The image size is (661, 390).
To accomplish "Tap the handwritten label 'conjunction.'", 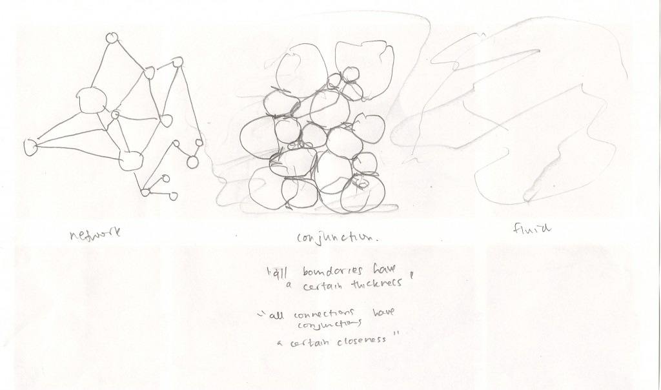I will tap(335, 238).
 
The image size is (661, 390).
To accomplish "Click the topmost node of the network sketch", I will tap(112, 37).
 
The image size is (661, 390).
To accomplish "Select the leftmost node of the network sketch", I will tap(29, 147).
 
